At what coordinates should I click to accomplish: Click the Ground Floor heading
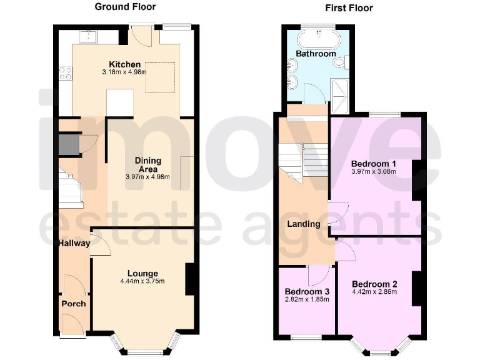(x=125, y=7)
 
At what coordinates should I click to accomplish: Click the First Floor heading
(x=349, y=7)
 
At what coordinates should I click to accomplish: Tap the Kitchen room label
(x=125, y=64)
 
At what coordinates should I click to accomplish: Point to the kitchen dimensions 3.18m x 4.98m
(x=124, y=72)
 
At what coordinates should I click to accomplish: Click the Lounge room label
(x=142, y=273)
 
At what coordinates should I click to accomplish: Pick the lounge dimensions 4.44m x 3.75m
(x=142, y=281)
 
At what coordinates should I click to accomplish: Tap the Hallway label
(x=74, y=243)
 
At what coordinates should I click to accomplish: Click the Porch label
(x=73, y=304)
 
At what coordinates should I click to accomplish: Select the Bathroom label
(x=316, y=54)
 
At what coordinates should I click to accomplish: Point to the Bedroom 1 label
(x=374, y=163)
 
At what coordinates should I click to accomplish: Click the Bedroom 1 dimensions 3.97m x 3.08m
(x=374, y=171)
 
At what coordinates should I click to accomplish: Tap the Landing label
(x=304, y=224)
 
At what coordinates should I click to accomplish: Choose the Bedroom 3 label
(x=307, y=291)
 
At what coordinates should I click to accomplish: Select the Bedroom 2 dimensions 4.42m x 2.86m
(x=374, y=291)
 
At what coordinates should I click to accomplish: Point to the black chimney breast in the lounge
(x=189, y=279)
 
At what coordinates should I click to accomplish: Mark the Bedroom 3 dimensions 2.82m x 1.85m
(x=307, y=299)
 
